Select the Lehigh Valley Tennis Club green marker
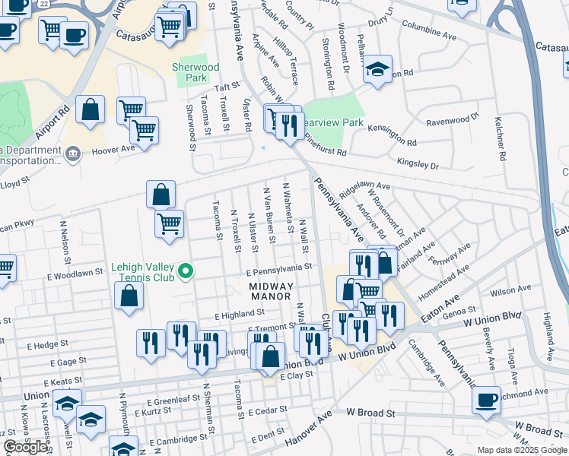184,271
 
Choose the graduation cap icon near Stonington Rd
377,70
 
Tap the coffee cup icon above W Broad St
486,400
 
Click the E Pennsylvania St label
278,268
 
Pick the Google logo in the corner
26,447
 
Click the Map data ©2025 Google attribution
522,450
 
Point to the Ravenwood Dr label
453,120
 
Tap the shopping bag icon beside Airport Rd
91,110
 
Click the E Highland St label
239,312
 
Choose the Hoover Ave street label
113,150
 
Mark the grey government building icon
73,155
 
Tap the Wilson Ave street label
510,292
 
